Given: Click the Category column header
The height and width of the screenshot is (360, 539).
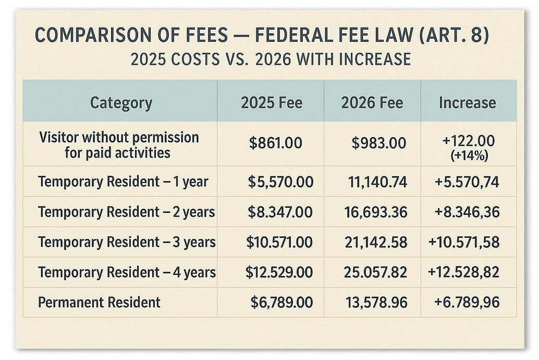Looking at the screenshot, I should coord(121,103).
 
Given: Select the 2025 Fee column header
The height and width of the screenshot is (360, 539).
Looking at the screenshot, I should coord(271,103).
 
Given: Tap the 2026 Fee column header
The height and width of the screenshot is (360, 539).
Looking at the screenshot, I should coord(372,103).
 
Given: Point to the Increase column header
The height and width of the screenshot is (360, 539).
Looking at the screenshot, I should coord(467,103).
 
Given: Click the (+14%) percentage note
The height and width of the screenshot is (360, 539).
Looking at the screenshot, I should coord(467,154).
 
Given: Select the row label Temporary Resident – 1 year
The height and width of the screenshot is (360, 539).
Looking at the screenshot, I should coord(123,182).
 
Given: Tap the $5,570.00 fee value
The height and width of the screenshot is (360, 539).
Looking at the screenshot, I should coord(280,182).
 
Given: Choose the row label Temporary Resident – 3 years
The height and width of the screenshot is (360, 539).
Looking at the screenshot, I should coord(127,242).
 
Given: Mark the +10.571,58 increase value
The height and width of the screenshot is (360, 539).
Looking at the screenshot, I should coord(464,242).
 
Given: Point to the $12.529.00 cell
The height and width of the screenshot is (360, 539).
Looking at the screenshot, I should coord(279,272).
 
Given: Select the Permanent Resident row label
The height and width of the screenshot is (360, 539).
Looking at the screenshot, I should coord(99,302).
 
